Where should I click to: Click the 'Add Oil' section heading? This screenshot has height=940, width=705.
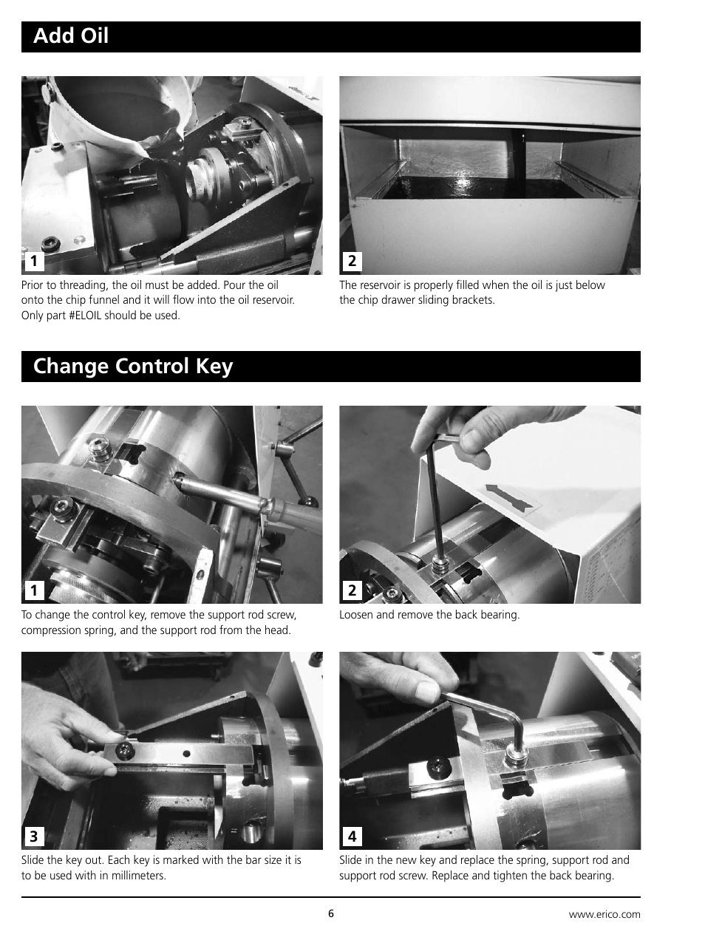pos(71,35)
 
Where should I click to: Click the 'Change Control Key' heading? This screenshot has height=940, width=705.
pos(133,367)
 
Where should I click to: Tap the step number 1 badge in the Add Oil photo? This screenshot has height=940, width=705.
pos(33,262)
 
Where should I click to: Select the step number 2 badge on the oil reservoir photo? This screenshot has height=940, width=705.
pos(352,262)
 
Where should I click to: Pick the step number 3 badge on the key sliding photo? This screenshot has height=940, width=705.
pos(33,837)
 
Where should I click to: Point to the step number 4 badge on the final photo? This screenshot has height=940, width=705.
pos(352,837)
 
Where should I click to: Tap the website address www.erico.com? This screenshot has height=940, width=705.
pos(604,914)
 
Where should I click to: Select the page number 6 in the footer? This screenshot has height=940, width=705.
pos(331,913)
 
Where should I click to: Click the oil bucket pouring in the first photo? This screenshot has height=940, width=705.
pos(118,111)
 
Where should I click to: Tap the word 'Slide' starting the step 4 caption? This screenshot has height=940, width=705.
pos(352,860)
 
